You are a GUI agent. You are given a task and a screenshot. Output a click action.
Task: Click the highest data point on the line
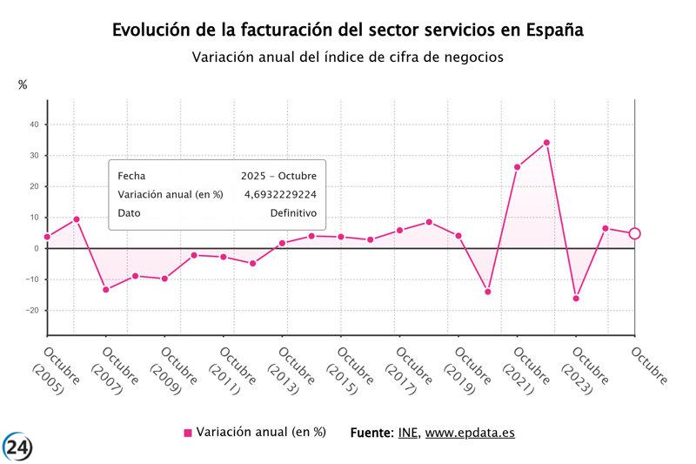click(546, 143)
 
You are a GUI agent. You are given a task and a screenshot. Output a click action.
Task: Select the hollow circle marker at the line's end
click(634, 233)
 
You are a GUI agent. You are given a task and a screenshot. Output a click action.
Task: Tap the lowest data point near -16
click(576, 299)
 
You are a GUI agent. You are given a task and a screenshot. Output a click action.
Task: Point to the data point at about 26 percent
click(517, 167)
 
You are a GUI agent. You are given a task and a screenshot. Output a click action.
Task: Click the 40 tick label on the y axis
click(34, 124)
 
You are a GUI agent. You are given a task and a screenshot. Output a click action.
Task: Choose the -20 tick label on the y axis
click(31, 311)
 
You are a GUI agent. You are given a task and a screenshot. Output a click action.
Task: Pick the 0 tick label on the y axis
click(37, 248)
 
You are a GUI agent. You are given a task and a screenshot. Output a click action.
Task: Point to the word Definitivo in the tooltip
click(293, 213)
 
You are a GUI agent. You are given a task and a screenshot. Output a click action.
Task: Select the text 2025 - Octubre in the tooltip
click(278, 176)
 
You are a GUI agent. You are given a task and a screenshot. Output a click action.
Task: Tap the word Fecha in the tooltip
click(131, 176)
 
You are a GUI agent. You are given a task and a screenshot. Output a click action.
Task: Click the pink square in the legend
click(188, 433)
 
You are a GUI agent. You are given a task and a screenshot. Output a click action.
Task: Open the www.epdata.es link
click(469, 433)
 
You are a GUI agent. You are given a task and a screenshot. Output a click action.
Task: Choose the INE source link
click(407, 433)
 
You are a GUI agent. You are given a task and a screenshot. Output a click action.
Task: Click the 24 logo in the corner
click(17, 447)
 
